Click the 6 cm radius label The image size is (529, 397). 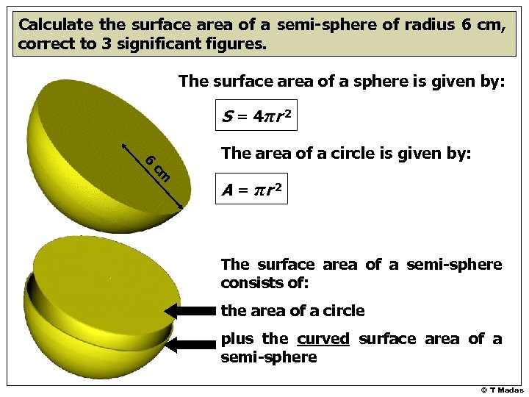tap(158, 168)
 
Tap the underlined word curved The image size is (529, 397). tap(323, 339)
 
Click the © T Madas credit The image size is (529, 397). tap(502, 390)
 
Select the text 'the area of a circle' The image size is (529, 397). tap(292, 311)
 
